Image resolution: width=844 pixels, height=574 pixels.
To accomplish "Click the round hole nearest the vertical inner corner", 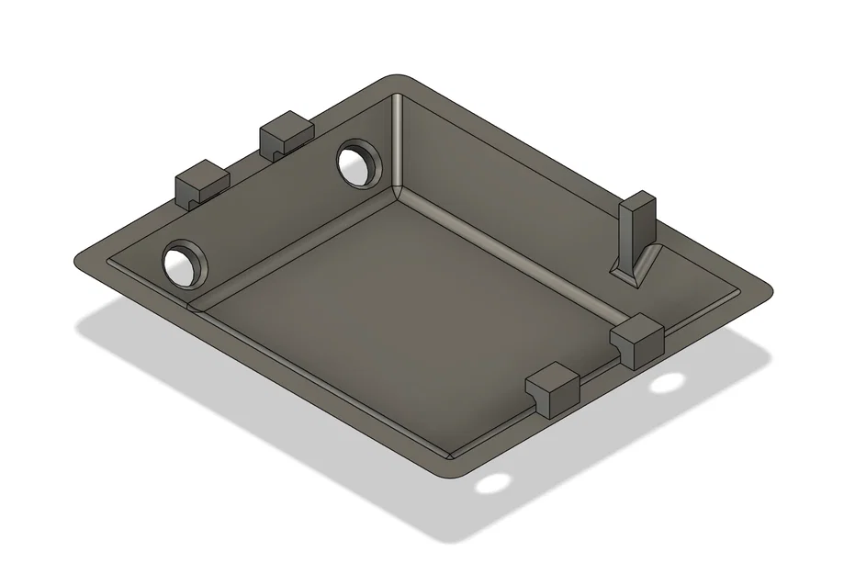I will pos(360,163).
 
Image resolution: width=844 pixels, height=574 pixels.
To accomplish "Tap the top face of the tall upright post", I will pos(640,199).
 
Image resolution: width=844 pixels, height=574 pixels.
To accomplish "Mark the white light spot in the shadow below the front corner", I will pos(494,483).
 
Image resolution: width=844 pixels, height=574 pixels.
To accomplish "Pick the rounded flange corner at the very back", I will pos(397,79).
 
